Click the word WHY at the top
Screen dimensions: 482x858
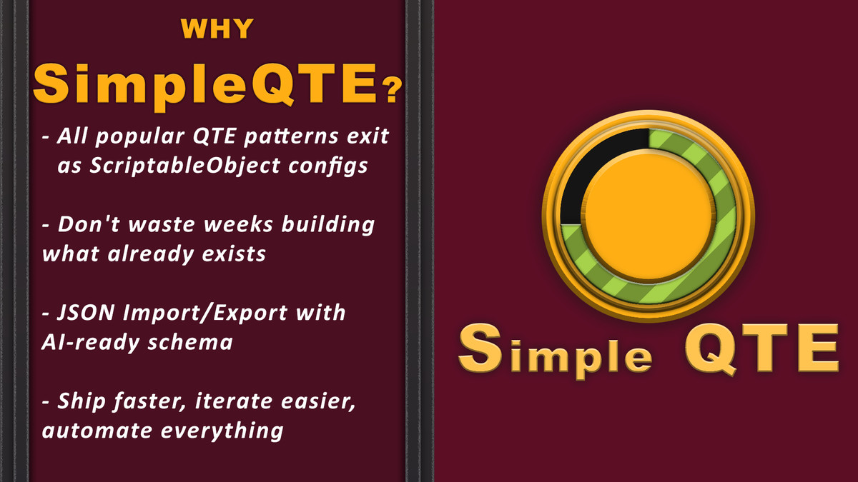pyautogui.click(x=217, y=29)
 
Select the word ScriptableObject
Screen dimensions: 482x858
pyautogui.click(x=170, y=164)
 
